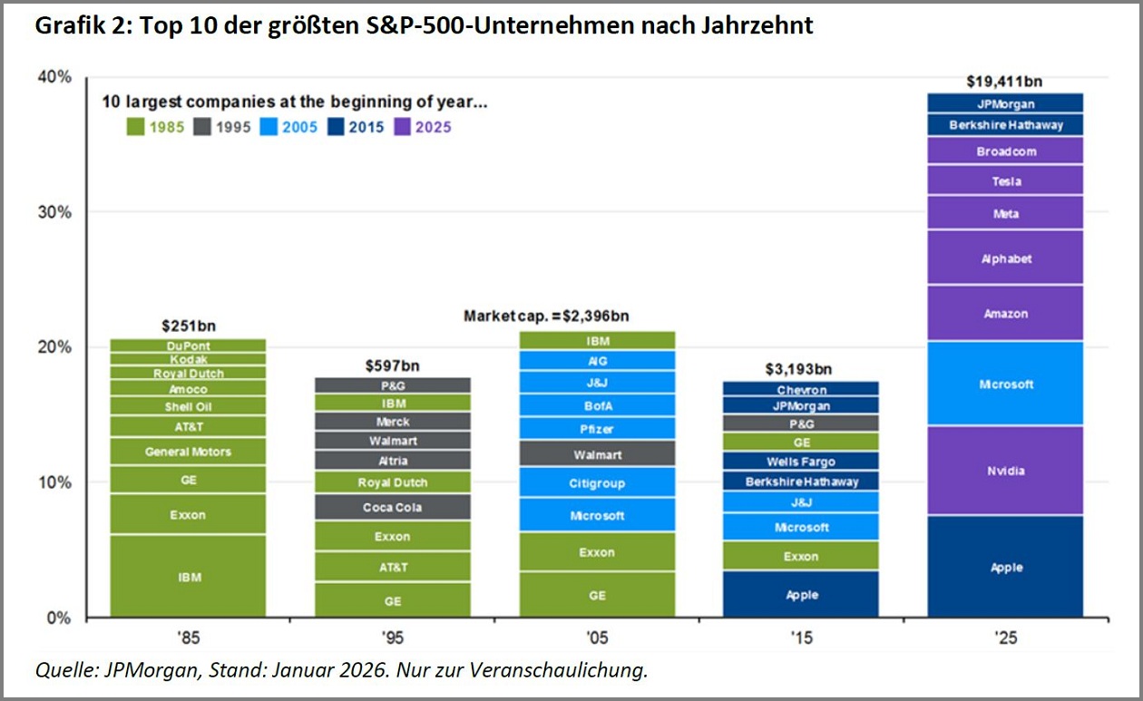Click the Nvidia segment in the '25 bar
1005,471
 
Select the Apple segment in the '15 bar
801,595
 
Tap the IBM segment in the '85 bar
189,576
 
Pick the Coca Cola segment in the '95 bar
393,507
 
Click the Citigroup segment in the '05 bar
597,483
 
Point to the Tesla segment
1005,180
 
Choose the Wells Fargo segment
801,462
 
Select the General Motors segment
189,452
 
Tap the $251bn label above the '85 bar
189,326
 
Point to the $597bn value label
393,365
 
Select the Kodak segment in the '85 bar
189,359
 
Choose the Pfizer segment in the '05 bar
597,428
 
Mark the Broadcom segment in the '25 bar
1005,151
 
